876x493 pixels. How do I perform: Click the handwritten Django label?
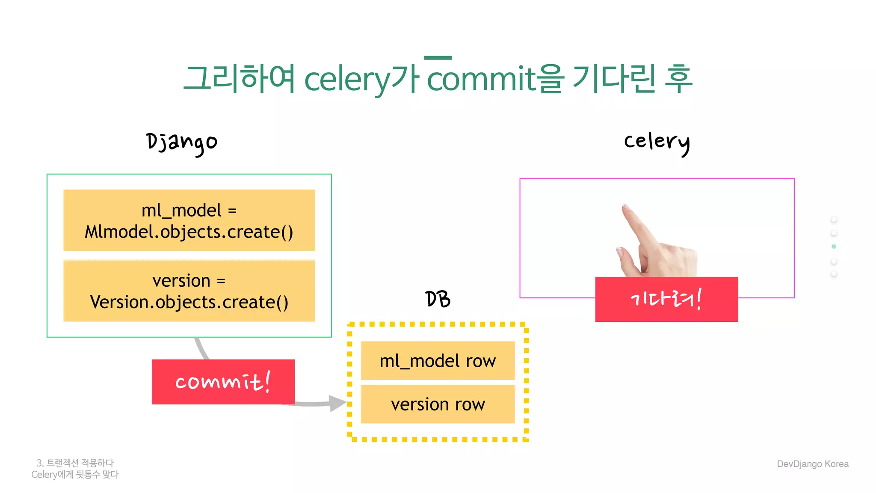[182, 143]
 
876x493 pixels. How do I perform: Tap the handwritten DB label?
[438, 299]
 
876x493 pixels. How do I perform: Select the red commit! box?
[223, 382]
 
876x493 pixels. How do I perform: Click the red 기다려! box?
[666, 299]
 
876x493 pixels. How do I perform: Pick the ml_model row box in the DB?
[438, 361]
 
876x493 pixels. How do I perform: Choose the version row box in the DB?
[438, 404]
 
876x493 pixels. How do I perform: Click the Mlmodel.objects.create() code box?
[189, 220]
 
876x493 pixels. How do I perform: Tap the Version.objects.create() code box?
[189, 291]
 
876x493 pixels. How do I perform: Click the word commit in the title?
[482, 79]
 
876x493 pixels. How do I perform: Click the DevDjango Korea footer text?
[812, 464]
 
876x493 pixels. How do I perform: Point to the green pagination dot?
[834, 246]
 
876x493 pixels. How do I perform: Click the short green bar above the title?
[438, 58]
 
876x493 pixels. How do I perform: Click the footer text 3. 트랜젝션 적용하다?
[75, 463]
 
